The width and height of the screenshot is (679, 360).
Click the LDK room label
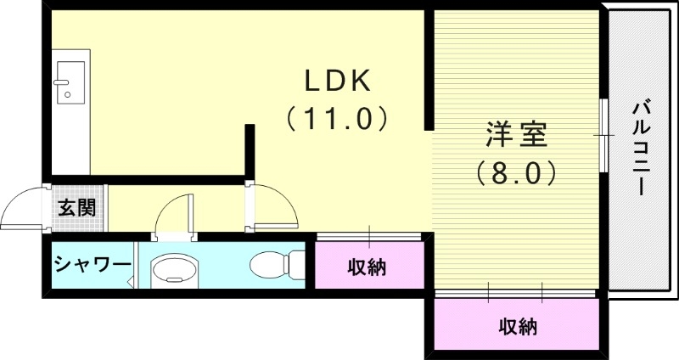[x=337, y=81]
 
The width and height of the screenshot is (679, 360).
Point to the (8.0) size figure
[x=515, y=173]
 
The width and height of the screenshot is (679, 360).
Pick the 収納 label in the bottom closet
[x=517, y=326]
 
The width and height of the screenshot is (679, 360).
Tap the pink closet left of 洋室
[x=369, y=267]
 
